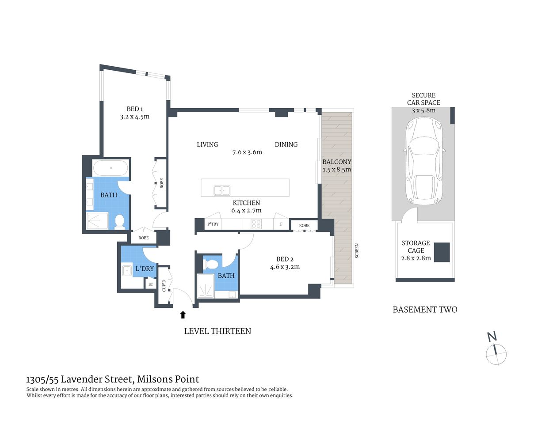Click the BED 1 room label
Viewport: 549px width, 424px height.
click(x=134, y=109)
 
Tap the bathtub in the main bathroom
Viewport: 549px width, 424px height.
click(x=111, y=168)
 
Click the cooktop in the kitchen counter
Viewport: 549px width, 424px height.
click(x=256, y=224)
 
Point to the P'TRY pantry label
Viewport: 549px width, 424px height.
click(x=213, y=224)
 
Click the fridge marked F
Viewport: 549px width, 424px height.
click(x=281, y=224)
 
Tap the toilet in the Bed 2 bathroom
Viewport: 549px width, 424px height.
click(x=211, y=265)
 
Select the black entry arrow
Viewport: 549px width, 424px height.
click(x=183, y=314)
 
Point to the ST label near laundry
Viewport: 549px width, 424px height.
click(x=151, y=284)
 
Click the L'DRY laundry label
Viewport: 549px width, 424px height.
click(x=145, y=269)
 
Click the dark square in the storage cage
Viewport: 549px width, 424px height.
click(x=442, y=252)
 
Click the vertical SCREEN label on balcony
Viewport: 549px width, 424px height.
click(x=357, y=251)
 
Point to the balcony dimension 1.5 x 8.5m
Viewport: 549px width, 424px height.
click(x=337, y=170)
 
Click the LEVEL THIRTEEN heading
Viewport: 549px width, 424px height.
click(x=217, y=331)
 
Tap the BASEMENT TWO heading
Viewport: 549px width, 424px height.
click(x=425, y=310)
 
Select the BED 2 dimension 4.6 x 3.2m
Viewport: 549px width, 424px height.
click(x=285, y=267)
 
